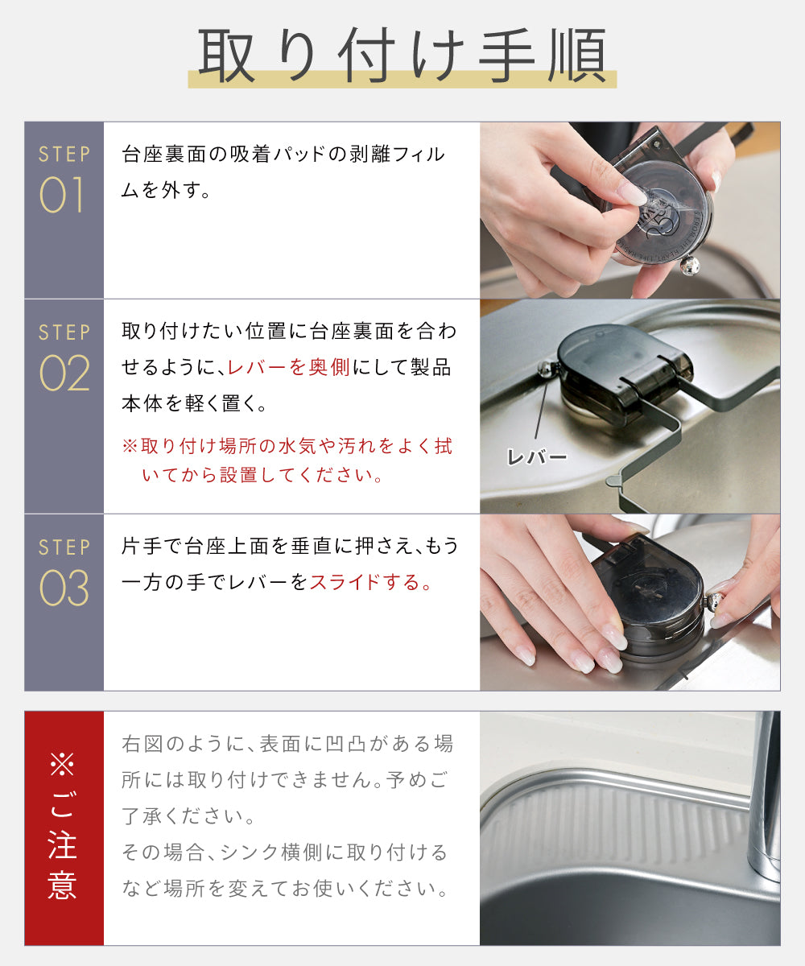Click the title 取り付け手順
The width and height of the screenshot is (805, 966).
point(402,55)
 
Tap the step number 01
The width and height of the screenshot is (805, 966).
point(61,195)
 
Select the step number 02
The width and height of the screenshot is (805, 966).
point(64,373)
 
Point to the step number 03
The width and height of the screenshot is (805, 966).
point(64,588)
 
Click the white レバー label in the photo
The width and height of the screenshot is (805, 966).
point(537,457)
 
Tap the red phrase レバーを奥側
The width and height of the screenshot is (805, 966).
point(289,367)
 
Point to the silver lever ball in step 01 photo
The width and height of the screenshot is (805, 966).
point(689,265)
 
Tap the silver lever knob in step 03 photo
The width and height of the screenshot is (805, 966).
point(715,603)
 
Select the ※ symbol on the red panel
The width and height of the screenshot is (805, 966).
point(63,764)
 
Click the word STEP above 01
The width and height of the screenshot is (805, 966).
point(64,154)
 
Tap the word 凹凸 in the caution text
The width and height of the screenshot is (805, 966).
point(345,744)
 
